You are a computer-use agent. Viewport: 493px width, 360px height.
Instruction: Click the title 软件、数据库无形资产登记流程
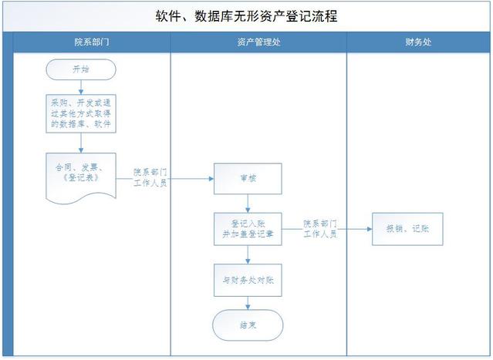tap(247, 15)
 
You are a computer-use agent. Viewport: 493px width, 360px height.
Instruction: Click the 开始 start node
tap(81, 69)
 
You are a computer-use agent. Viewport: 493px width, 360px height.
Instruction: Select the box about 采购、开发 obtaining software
tap(81, 112)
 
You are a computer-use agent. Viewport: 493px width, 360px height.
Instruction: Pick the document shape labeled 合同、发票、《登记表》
tap(81, 176)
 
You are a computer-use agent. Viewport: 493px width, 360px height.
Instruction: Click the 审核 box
tap(248, 178)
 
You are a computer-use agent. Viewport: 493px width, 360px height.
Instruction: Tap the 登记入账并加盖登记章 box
tap(248, 229)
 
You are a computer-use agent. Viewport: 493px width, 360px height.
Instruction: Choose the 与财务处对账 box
tap(248, 281)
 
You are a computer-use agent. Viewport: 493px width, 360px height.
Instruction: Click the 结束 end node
tap(248, 325)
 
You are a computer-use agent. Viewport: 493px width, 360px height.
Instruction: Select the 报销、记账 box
tap(407, 229)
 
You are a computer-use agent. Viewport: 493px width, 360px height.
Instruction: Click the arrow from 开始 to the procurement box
tap(81, 86)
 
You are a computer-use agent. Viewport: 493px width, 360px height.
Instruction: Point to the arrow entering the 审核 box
tap(193, 178)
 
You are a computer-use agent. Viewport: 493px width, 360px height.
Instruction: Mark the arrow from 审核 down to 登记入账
tap(248, 204)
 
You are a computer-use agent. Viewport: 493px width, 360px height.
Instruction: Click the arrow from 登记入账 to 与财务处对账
tap(248, 255)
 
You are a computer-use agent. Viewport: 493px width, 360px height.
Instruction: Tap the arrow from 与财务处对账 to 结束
tap(248, 303)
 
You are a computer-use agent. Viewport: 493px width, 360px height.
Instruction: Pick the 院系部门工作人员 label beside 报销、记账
tap(319, 229)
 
